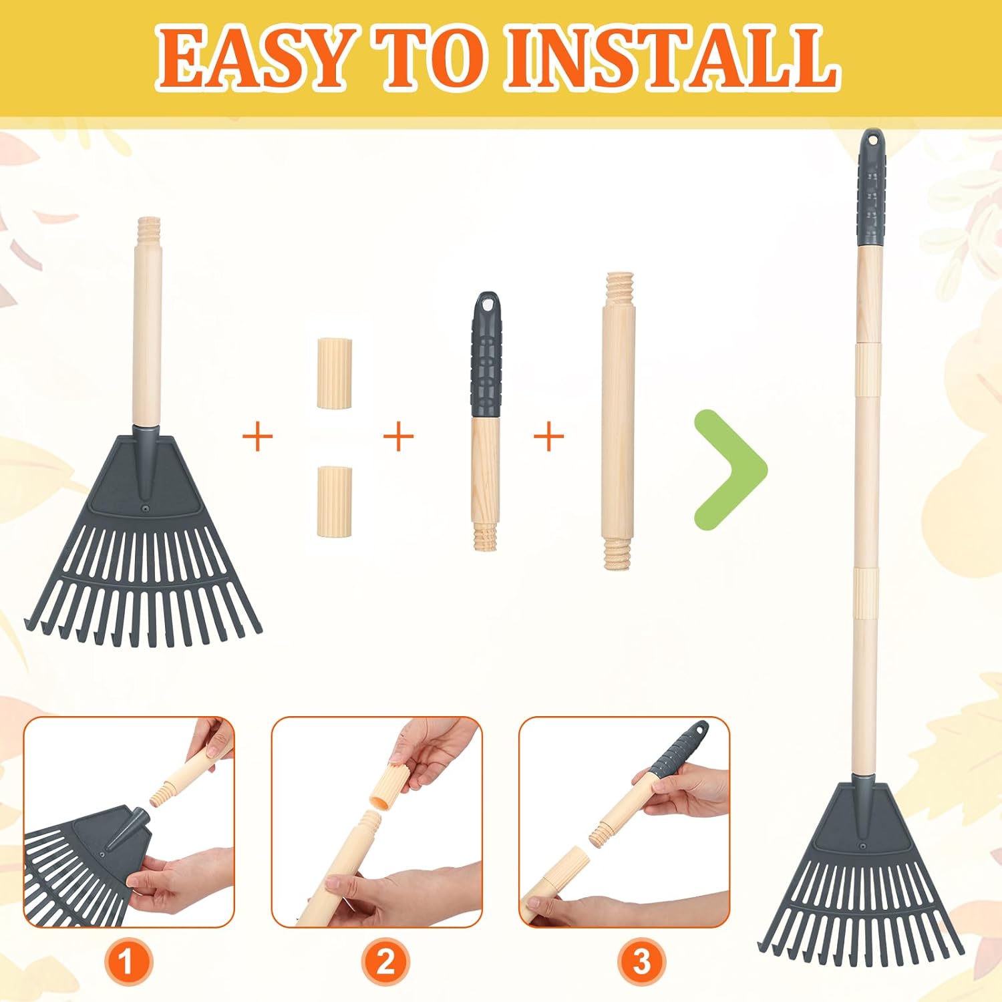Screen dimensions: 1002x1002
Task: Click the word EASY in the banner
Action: click(253, 58)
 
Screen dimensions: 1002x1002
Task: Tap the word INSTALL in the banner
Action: click(671, 58)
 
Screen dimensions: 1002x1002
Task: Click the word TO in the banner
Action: click(426, 58)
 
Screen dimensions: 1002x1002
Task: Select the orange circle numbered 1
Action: click(126, 963)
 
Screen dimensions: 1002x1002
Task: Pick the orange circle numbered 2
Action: click(385, 963)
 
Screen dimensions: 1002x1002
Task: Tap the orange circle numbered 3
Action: click(641, 963)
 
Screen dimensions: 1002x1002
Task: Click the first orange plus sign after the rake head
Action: click(258, 437)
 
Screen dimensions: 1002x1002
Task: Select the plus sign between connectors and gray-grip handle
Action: click(399, 437)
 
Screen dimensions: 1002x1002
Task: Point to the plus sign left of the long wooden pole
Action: click(549, 437)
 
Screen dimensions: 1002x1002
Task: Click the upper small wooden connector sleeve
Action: click(334, 373)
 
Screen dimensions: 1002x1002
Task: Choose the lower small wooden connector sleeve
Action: click(334, 501)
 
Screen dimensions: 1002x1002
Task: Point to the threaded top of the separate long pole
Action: click(618, 287)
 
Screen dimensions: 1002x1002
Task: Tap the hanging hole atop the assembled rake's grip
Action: click(872, 140)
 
